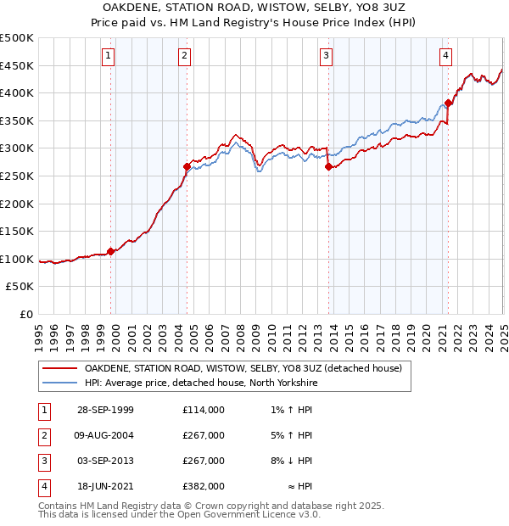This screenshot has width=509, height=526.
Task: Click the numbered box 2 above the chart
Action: [185, 57]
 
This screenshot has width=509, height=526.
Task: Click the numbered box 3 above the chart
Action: [327, 57]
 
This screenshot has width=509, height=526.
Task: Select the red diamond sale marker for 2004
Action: [187, 166]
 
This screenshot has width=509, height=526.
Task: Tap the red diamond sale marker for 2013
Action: [327, 166]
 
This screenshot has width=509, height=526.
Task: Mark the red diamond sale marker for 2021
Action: [448, 104]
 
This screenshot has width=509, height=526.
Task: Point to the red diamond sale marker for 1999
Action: [111, 251]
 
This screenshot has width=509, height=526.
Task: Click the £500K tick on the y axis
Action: [17, 38]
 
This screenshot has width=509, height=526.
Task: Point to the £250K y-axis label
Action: [17, 176]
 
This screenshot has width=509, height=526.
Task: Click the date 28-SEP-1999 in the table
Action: [104, 410]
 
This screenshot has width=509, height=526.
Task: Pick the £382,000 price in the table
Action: [204, 486]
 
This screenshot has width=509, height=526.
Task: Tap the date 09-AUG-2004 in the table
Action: [104, 435]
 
